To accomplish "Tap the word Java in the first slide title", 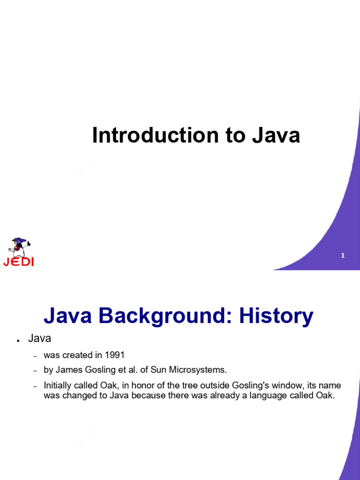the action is pyautogui.click(x=276, y=135).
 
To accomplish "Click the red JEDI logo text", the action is pyautogui.click(x=18, y=262).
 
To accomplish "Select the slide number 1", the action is pyautogui.click(x=343, y=255).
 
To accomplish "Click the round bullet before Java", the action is pyautogui.click(x=19, y=340).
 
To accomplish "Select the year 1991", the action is pyautogui.click(x=114, y=355).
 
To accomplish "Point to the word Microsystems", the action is pyautogui.click(x=198, y=370).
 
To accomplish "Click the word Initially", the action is pyautogui.click(x=58, y=385).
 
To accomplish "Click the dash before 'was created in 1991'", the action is pyautogui.click(x=35, y=356).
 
